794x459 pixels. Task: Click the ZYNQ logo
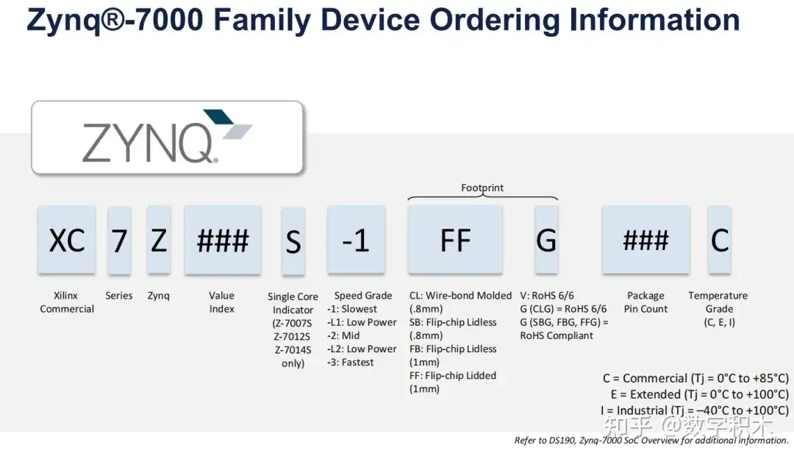[166, 138]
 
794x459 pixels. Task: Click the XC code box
[67, 240]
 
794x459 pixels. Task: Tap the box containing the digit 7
[119, 241]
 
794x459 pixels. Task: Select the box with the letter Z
[159, 240]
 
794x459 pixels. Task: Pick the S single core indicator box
[293, 241]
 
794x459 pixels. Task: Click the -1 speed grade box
[356, 240]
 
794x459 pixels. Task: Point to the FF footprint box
[455, 240]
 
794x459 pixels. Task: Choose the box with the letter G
[546, 240]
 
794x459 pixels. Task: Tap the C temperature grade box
[719, 240]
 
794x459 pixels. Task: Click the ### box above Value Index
[222, 240]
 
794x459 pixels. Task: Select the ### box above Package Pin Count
[645, 240]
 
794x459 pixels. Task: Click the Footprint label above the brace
[482, 188]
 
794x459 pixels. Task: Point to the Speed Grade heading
[363, 296]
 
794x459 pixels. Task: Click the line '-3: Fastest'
[351, 362]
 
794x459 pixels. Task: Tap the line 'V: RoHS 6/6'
[547, 296]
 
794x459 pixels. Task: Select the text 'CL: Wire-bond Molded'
[460, 296]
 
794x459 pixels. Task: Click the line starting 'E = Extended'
[698, 394]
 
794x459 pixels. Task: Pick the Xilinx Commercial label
[67, 302]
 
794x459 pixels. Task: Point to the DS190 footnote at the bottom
[651, 441]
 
